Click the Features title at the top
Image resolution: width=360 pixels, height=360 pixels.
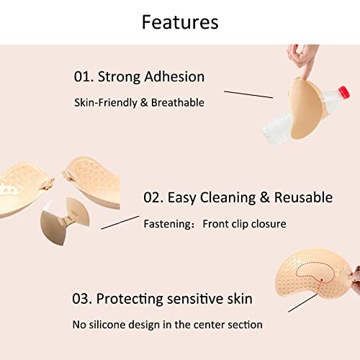coord(179,22)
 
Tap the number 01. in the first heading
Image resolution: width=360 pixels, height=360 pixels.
coord(85,77)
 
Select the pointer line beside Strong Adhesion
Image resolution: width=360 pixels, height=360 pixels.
coord(248,94)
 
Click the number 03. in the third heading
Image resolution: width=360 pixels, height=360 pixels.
coord(84,298)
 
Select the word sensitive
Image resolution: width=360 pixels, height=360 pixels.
coord(199,298)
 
